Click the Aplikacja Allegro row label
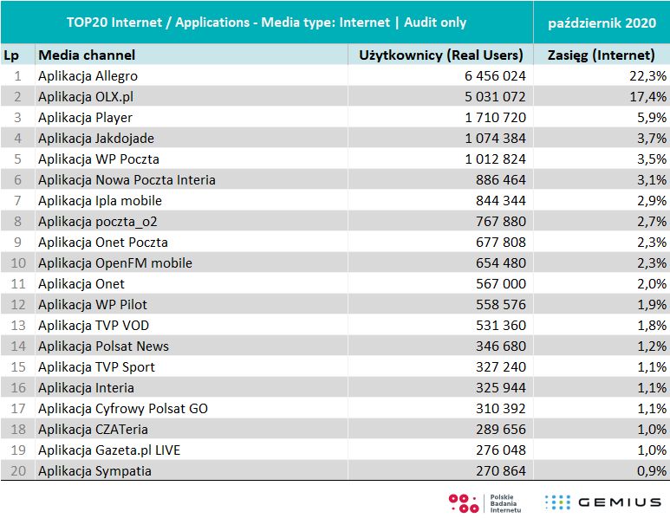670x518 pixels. [88, 76]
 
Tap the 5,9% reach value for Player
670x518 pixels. [651, 118]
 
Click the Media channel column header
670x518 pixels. [87, 55]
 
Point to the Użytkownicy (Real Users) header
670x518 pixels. [441, 55]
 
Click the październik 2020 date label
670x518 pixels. [602, 22]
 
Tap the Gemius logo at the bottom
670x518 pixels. [603, 502]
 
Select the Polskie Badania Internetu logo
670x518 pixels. [485, 502]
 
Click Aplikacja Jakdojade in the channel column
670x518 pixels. [96, 139]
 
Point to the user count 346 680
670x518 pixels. [496, 346]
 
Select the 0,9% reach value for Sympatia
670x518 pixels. [651, 471]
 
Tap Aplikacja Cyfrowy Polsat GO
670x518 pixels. [123, 409]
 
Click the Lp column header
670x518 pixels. [11, 55]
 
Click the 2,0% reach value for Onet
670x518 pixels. [651, 284]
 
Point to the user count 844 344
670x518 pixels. [496, 201]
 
